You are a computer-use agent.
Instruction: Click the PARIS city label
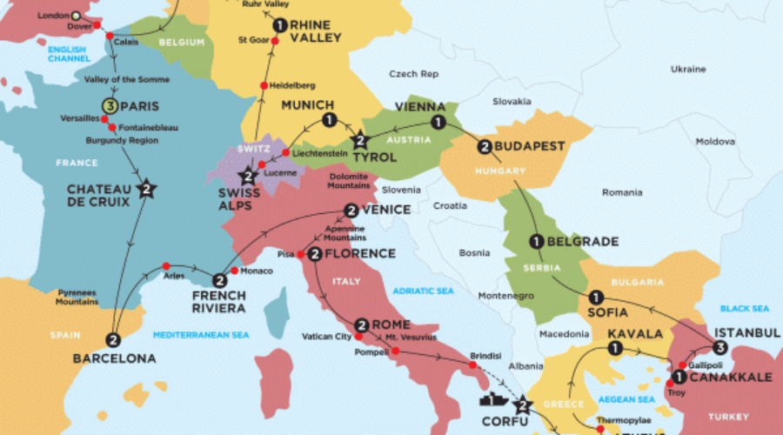tap(144, 107)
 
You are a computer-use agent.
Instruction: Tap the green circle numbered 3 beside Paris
tap(110, 107)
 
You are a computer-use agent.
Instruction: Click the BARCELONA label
tap(114, 358)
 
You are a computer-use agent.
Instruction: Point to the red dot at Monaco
tap(234, 270)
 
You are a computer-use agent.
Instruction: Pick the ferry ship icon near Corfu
tap(492, 400)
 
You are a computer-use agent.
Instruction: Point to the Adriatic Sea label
tap(424, 291)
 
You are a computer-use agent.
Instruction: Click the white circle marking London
tap(75, 16)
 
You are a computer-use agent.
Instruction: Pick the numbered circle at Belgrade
tap(535, 242)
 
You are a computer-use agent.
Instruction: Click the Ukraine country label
tap(688, 68)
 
